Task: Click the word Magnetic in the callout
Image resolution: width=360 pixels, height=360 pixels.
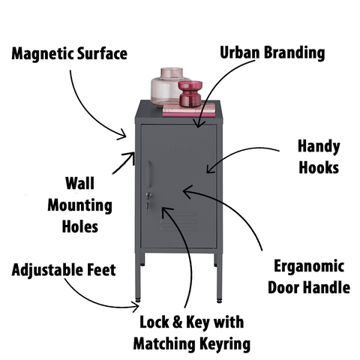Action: click(43, 54)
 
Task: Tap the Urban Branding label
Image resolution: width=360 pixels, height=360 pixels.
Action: click(272, 52)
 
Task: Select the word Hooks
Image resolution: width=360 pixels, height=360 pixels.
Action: click(319, 167)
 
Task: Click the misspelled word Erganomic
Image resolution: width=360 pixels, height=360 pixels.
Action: click(309, 267)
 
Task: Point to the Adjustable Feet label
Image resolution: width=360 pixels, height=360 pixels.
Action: click(64, 270)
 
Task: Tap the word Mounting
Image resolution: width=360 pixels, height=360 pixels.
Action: click(79, 206)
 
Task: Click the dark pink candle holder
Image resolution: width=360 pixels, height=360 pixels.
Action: click(190, 94)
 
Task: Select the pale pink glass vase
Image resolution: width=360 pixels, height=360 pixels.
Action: click(166, 87)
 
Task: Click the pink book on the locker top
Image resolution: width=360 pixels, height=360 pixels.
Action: click(189, 110)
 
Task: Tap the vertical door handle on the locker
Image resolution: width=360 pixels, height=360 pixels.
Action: click(149, 174)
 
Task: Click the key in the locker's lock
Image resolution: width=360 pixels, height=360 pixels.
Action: click(148, 202)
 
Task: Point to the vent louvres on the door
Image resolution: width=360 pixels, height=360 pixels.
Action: click(178, 222)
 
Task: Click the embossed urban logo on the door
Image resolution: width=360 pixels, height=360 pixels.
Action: click(179, 145)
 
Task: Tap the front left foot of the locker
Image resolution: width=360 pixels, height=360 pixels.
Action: click(138, 299)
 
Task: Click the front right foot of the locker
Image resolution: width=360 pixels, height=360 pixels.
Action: click(219, 301)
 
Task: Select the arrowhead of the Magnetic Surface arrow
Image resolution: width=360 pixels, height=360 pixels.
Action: click(123, 134)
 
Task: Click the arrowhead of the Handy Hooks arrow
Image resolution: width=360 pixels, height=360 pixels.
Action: click(209, 169)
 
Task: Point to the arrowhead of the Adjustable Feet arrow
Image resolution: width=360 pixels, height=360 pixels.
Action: click(136, 307)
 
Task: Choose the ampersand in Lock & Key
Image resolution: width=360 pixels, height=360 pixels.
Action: click(177, 322)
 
